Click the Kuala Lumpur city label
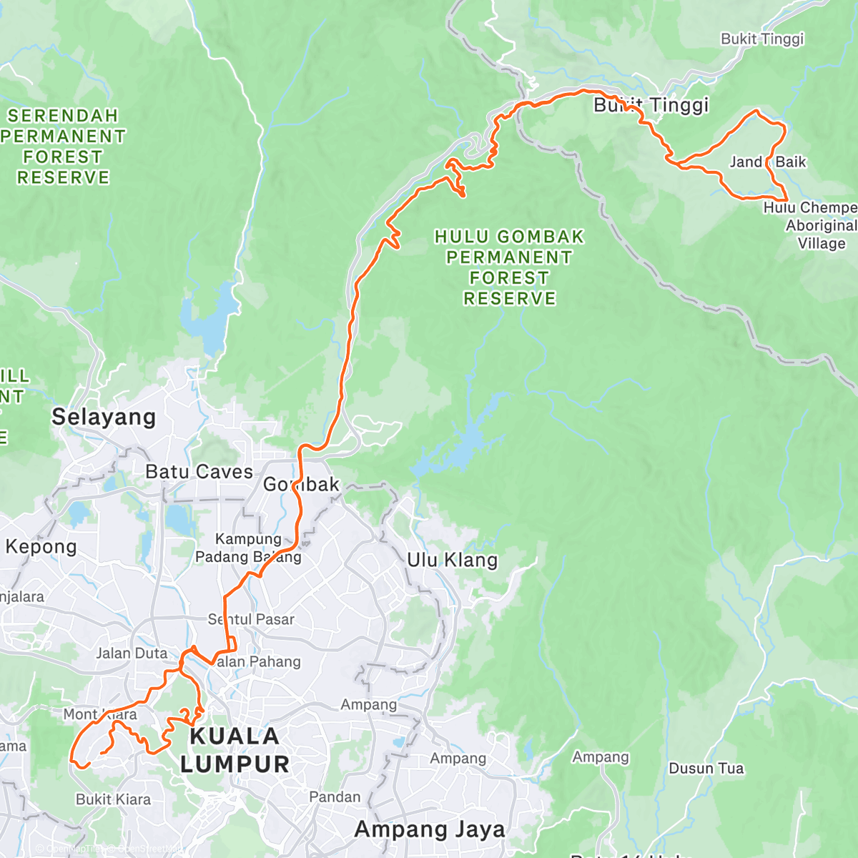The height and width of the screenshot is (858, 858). coord(235,750)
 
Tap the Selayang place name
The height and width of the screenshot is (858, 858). coord(104,417)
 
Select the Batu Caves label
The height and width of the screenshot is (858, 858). coord(199,472)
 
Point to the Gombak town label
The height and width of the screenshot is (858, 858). coord(301,485)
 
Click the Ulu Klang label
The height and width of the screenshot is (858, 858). coord(452,560)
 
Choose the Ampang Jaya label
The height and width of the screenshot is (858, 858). coord(430,829)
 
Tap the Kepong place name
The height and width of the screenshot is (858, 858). coord(41,547)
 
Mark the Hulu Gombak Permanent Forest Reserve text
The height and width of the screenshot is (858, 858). coord(509,267)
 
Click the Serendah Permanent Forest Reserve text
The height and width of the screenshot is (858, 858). coord(63,147)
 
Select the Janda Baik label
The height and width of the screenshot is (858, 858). coord(767,162)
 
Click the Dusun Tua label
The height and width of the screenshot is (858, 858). coord(706,769)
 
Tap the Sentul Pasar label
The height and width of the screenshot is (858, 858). coord(251,619)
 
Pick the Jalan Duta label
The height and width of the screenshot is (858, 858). coord(132,654)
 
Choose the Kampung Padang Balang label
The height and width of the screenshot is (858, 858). coord(248,548)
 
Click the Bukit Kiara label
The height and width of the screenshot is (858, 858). coord(113,799)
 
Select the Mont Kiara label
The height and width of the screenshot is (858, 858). coord(100,714)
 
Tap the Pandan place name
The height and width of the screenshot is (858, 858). coord(335,797)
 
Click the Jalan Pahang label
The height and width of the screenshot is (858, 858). coord(257,662)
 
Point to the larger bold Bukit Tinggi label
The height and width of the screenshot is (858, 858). coord(651,105)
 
